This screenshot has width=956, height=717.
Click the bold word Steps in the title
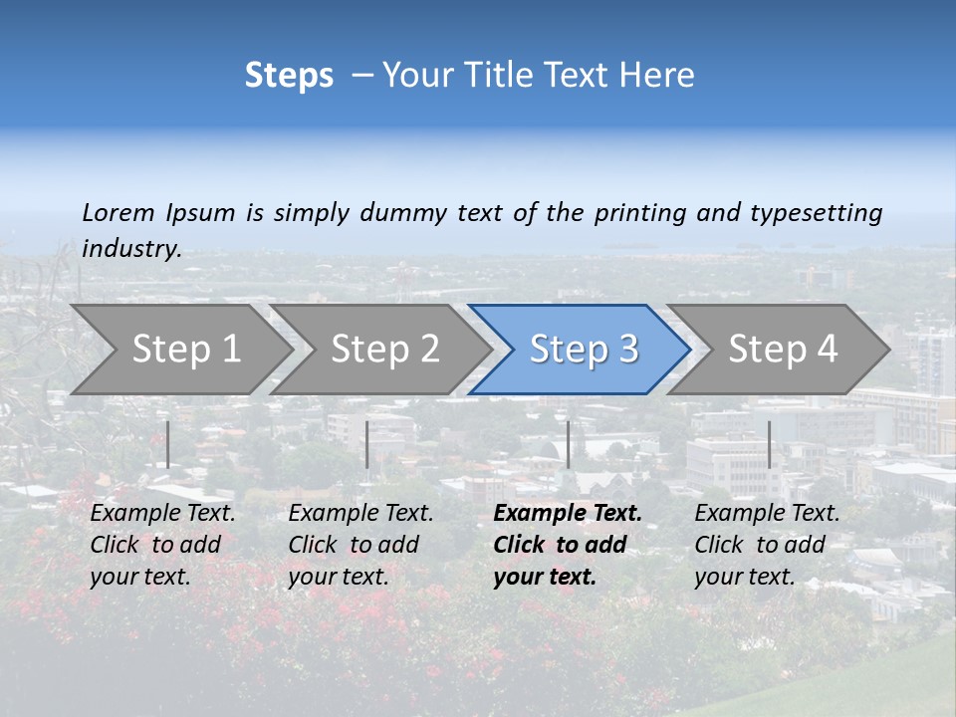pyautogui.click(x=289, y=76)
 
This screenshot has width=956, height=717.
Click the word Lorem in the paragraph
pyautogui.click(x=119, y=213)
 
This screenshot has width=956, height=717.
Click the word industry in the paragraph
pyautogui.click(x=131, y=249)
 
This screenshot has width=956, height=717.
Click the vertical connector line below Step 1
pyautogui.click(x=168, y=444)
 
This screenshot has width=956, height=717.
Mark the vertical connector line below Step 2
pyautogui.click(x=367, y=444)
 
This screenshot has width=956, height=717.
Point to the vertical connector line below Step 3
pyautogui.click(x=568, y=444)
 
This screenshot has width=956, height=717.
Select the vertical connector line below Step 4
pyautogui.click(x=769, y=444)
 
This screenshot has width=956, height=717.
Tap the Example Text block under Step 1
pyautogui.click(x=162, y=545)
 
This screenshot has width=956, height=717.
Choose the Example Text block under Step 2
pyautogui.click(x=360, y=545)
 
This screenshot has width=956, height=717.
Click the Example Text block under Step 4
pyautogui.click(x=767, y=545)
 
